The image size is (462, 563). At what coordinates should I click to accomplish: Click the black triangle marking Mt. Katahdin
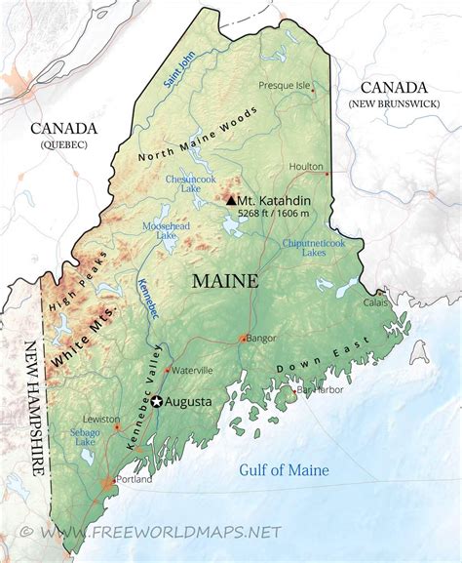click(231, 199)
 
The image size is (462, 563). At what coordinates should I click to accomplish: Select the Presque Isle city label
click(285, 85)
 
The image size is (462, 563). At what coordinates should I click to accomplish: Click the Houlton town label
click(306, 166)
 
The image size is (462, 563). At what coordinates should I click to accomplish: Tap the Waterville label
click(193, 370)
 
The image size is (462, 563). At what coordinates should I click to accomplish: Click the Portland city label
click(134, 480)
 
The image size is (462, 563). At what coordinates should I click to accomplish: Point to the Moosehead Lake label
click(160, 230)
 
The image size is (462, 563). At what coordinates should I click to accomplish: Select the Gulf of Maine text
click(284, 471)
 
